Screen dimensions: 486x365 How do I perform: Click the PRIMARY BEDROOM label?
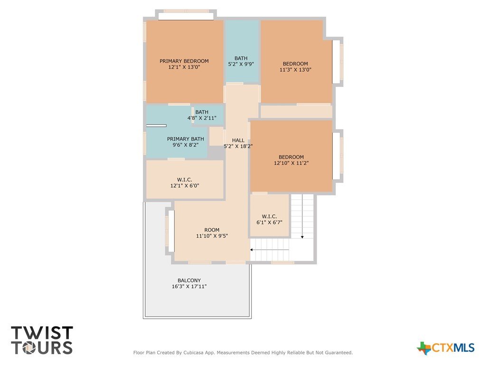click(x=184, y=61)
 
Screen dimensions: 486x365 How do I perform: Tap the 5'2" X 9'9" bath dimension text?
click(x=241, y=64)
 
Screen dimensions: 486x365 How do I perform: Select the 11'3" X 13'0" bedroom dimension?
click(x=295, y=70)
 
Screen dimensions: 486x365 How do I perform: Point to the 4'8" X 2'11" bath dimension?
click(x=202, y=118)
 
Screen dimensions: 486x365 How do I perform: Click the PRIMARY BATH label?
click(x=186, y=139)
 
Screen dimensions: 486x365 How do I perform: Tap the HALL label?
click(x=238, y=140)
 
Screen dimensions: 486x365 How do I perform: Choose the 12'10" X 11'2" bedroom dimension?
click(x=291, y=163)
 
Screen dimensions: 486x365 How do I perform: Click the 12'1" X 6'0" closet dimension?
click(x=185, y=186)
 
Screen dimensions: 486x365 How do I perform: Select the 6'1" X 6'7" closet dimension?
click(x=269, y=222)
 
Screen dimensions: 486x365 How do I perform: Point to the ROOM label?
click(x=212, y=230)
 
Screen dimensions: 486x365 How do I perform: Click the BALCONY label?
click(x=189, y=280)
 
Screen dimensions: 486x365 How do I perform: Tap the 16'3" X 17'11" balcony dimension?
click(x=189, y=287)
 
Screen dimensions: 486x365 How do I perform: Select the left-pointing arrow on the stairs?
click(x=270, y=250)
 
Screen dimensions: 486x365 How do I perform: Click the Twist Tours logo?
click(x=42, y=340)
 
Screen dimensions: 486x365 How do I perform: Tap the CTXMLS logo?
click(x=445, y=348)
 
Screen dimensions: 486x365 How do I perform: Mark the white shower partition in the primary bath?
click(x=156, y=125)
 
